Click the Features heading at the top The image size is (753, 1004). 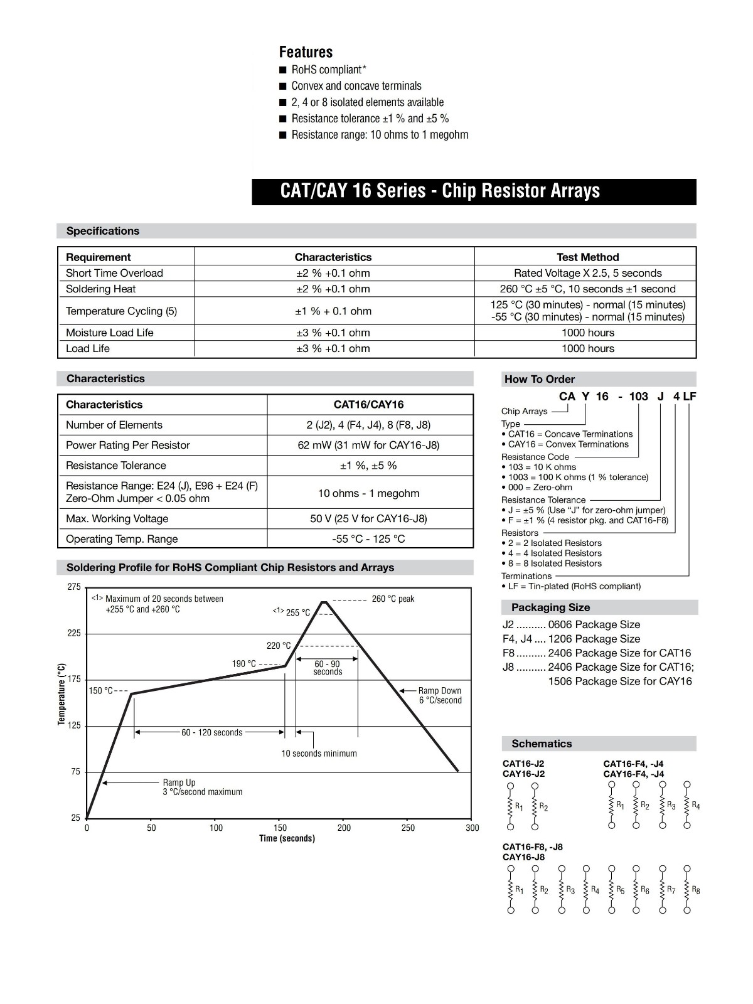tap(306, 52)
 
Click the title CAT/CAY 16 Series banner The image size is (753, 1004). tap(440, 191)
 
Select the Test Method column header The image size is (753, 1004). tap(587, 257)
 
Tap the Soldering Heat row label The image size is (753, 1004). tap(100, 289)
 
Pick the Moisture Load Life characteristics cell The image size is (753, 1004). tap(333, 333)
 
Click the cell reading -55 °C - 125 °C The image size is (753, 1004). tap(368, 539)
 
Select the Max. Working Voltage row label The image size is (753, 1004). tap(117, 519)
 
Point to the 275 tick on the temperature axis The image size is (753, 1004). tap(74, 587)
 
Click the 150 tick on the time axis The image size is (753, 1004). tap(280, 828)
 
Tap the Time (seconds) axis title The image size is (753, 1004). tap(287, 839)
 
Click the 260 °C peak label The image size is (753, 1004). tap(393, 599)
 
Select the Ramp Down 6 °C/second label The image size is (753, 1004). tap(440, 695)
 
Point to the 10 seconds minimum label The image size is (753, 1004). tap(319, 754)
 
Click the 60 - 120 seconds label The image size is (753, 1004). tap(211, 732)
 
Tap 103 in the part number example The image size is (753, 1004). tap(638, 397)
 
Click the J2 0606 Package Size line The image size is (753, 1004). tap(571, 625)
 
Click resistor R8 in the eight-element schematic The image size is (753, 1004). tap(687, 890)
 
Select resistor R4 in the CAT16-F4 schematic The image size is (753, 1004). tap(687, 806)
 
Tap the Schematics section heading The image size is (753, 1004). tap(542, 744)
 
